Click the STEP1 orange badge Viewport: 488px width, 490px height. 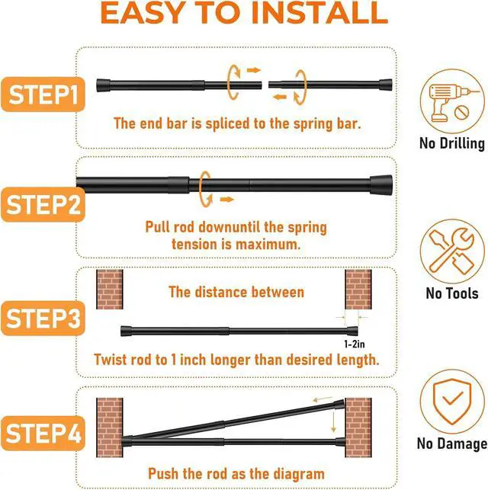coord(43,94)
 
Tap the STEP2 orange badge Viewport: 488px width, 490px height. coord(43,205)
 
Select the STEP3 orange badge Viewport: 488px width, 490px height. coord(43,319)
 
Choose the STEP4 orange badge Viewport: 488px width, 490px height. coord(43,434)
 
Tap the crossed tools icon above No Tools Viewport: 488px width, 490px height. coord(452,251)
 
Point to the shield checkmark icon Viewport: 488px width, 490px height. coord(452,402)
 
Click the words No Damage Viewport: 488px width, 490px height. coord(452,444)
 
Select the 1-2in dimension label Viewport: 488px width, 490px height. coord(355,344)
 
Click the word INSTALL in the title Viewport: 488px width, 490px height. coord(319,13)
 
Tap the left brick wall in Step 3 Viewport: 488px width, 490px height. coord(109,290)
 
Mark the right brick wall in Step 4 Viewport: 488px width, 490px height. coord(358,428)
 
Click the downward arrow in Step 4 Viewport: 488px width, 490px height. coord(333,422)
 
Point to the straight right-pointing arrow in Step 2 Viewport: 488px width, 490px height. coord(227,200)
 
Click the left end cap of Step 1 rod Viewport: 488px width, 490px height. coord(103,85)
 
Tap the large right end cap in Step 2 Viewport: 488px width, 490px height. coord(381,185)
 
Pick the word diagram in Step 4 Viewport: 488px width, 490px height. coord(299,474)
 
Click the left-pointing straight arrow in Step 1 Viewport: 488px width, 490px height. coord(280,97)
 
